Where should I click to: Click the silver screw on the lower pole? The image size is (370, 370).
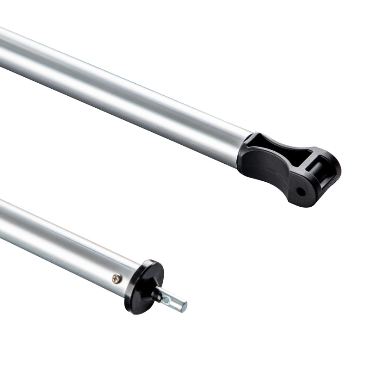117,278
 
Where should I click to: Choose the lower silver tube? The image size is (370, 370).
60,245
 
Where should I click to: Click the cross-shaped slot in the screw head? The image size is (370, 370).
117,278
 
